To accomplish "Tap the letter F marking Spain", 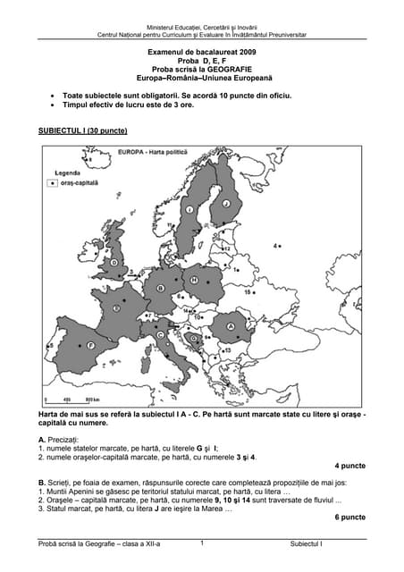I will point(90,344).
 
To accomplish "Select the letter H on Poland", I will point(193,281).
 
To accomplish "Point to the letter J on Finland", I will point(226,205).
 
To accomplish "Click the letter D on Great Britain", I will point(114,262).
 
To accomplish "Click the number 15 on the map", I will point(248,292).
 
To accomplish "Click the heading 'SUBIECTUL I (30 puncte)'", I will point(82,130).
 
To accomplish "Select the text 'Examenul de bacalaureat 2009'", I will point(201,55).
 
